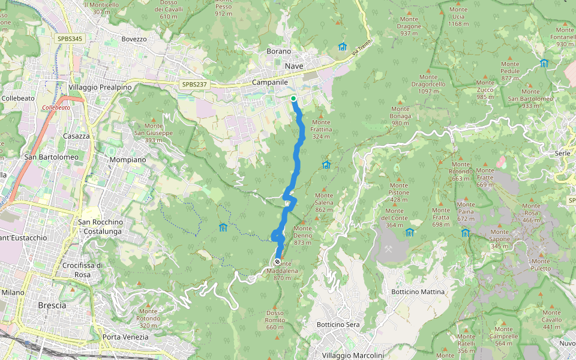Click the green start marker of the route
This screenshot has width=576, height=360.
(293, 98)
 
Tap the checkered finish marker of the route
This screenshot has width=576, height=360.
(277, 262)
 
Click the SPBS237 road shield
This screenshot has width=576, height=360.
(194, 85)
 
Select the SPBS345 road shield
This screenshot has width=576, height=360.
(70, 38)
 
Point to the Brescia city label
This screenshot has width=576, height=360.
(52, 305)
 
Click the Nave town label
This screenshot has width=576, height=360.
(294, 65)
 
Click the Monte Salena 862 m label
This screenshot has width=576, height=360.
(324, 202)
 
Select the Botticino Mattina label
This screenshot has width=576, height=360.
(418, 292)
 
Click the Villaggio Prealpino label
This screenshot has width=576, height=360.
(100, 87)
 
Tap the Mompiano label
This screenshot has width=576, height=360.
(128, 160)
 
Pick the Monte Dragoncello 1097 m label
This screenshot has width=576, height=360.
(428, 84)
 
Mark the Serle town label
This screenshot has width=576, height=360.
(563, 154)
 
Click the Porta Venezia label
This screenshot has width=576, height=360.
(125, 337)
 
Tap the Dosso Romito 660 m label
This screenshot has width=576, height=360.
(275, 320)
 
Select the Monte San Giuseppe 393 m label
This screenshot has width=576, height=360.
(153, 133)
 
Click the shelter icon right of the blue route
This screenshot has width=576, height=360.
(326, 164)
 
